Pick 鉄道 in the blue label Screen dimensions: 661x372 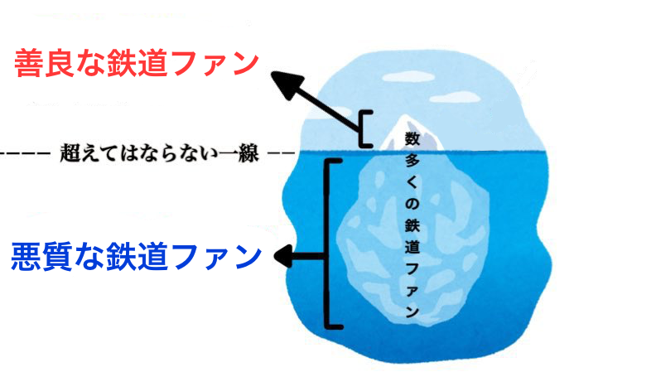click(x=141, y=257)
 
